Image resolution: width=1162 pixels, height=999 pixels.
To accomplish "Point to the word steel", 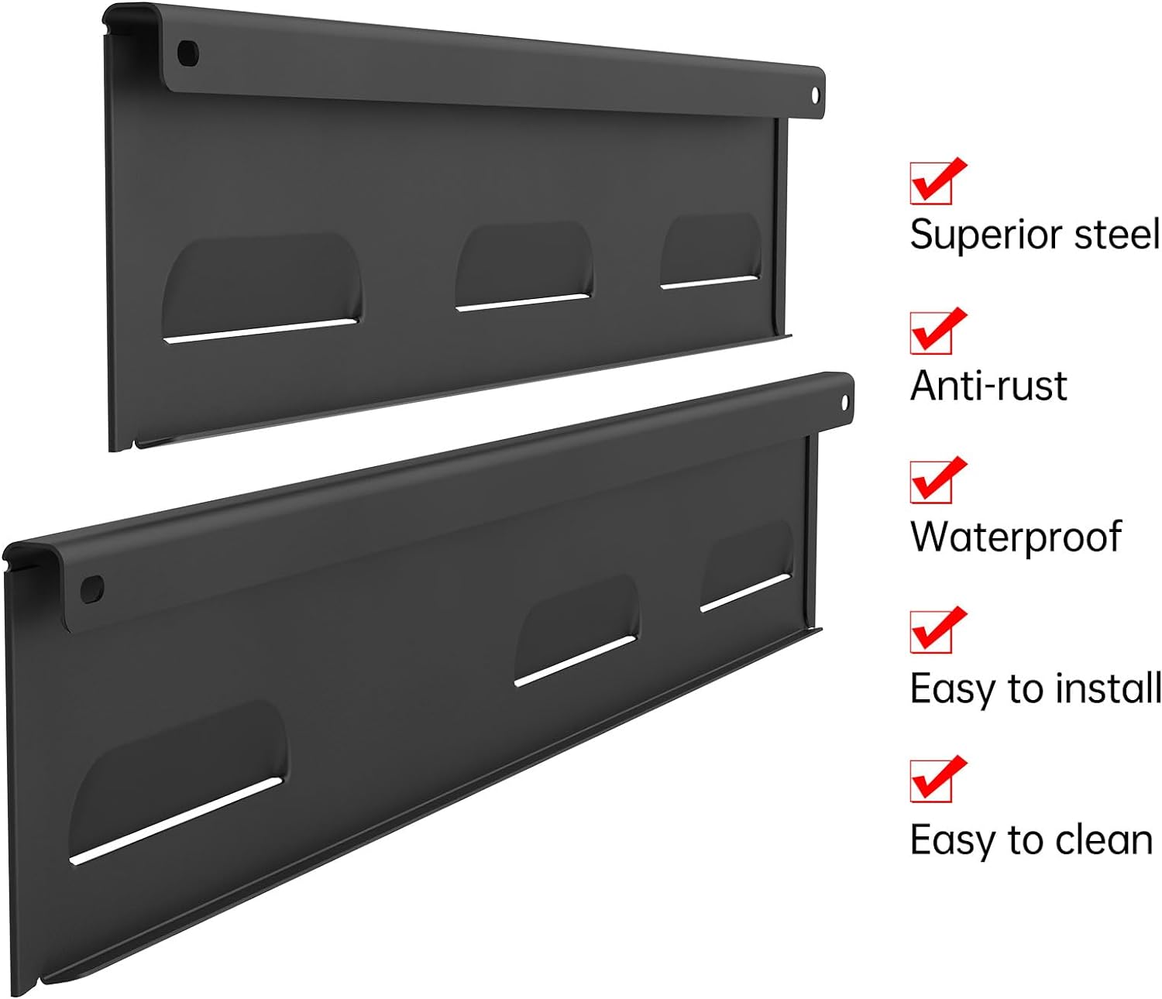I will point(1123,234).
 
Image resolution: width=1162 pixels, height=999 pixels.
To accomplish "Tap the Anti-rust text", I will point(988,385).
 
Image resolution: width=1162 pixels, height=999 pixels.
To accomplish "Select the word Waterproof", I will point(1015,536).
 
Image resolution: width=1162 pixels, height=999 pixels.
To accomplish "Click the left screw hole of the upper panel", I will point(188,53).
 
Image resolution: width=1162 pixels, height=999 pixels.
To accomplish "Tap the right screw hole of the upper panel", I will point(815,94).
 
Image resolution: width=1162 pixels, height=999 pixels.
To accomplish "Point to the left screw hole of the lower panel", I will point(92,589).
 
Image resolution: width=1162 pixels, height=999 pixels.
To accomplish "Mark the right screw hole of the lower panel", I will point(845,403).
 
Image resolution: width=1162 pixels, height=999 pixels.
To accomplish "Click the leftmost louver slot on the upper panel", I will point(262,288).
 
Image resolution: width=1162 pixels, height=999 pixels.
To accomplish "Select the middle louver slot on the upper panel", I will point(524,267).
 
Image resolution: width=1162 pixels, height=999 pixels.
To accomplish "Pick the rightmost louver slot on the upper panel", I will point(710,252).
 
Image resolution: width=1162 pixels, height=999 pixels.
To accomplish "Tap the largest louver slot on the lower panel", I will point(178,782).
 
